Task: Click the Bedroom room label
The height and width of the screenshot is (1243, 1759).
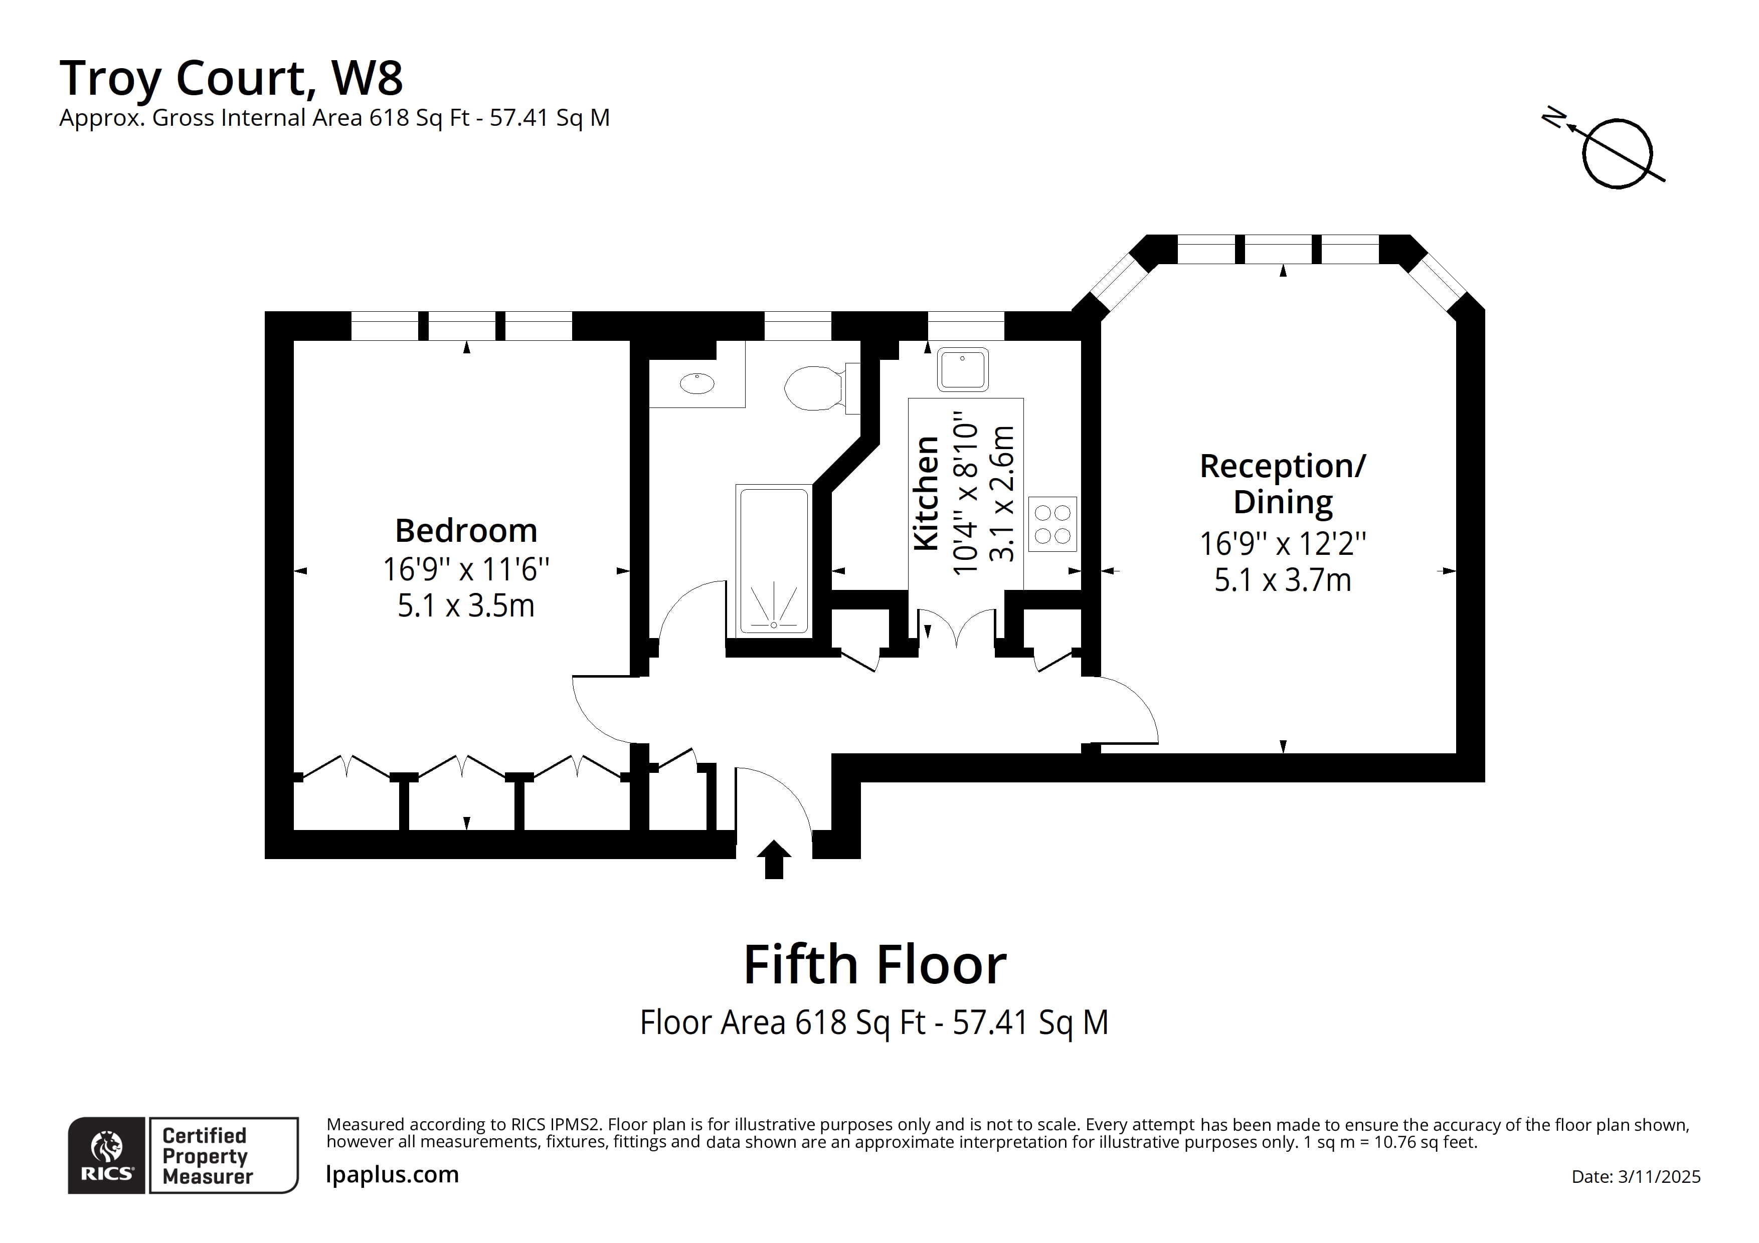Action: click(466, 530)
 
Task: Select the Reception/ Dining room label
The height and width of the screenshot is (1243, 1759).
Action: click(1283, 484)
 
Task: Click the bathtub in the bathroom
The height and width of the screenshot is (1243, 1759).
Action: click(774, 561)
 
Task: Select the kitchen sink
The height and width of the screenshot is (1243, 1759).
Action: click(962, 369)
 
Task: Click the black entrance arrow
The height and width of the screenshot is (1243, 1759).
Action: click(774, 859)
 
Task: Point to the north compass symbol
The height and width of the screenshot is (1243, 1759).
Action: click(1617, 153)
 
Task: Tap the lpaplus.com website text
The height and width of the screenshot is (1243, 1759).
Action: click(392, 1174)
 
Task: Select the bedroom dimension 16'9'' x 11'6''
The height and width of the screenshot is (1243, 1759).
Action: click(466, 569)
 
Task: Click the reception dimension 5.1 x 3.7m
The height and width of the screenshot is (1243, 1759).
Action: click(1283, 580)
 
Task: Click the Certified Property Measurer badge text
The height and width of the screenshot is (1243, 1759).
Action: click(205, 1156)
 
